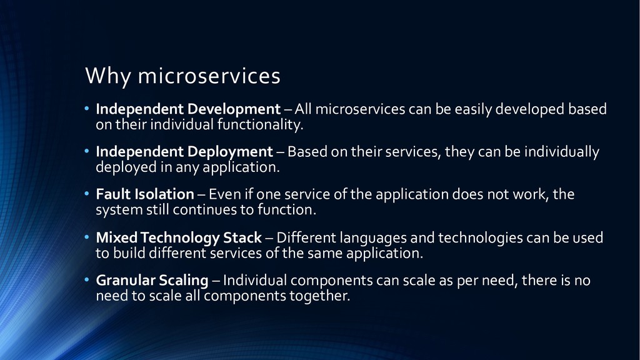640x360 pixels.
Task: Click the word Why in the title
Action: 107,76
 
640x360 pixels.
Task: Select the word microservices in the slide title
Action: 209,76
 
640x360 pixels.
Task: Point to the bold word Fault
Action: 114,194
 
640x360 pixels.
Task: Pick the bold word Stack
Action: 242,237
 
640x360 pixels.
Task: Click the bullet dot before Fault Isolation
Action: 86,194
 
